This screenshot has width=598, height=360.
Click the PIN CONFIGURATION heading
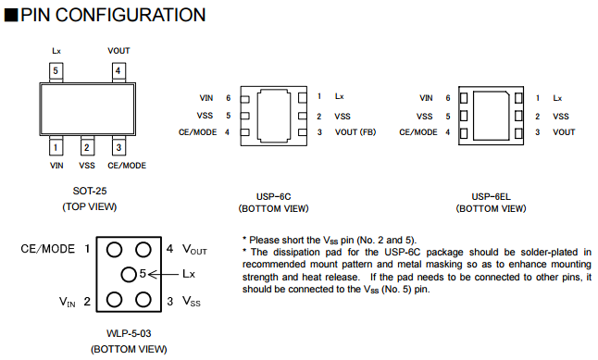[113, 15]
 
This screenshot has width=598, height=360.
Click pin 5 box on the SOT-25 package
[56, 71]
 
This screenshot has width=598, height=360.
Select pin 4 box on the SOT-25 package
[118, 71]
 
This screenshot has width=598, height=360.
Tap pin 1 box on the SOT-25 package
[56, 147]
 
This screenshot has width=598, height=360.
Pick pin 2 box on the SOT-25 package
[87, 147]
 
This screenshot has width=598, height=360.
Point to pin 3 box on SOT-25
[118, 147]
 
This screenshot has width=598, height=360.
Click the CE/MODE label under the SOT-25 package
[127, 166]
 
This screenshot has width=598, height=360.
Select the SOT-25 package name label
[90, 191]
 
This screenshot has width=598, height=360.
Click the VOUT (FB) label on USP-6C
[355, 132]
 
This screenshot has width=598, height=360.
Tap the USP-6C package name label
[273, 197]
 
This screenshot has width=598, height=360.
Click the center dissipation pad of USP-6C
[274, 116]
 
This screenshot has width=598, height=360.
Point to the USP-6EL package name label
[491, 197]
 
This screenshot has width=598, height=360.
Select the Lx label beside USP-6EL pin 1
[557, 98]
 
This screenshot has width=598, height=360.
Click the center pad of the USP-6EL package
[492, 116]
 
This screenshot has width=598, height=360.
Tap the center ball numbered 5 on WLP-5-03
[129, 275]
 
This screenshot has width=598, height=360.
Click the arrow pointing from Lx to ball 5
[163, 274]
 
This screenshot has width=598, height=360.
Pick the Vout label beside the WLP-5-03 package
[194, 250]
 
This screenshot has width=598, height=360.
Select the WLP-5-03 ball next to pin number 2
[114, 300]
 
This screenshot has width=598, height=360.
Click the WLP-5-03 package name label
[129, 334]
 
